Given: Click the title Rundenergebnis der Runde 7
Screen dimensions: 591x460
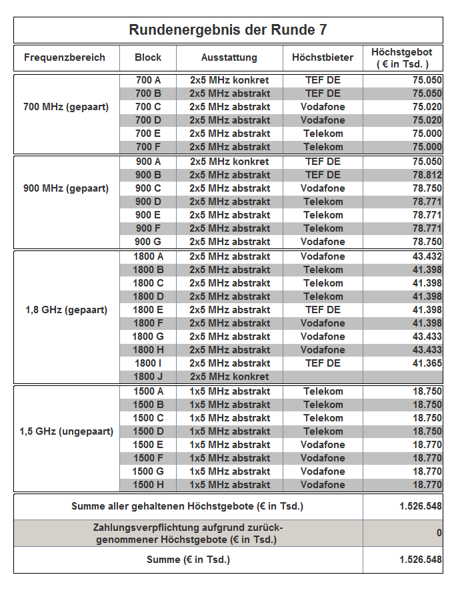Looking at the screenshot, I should point(228,30).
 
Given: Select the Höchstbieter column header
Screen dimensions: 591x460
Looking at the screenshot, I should point(323,57).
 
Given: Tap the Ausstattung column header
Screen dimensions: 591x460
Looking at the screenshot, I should point(229,57).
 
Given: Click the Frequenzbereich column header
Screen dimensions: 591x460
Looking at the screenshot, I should point(65,57).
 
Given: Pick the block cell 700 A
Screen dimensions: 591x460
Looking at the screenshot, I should point(148,80).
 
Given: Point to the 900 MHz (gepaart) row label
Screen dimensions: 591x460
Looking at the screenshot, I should point(66,188).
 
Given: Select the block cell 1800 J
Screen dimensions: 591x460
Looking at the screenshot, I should point(148,377).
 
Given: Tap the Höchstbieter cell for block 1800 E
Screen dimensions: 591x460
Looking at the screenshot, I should point(323,310).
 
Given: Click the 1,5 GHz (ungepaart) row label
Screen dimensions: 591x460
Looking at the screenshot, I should point(66,431).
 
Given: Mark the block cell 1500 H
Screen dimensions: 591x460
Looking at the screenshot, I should point(148,485).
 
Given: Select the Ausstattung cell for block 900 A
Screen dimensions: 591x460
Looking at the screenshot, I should point(229,162).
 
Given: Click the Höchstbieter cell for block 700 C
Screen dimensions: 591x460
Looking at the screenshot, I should point(323,107).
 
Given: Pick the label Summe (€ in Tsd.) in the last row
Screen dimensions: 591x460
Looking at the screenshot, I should point(188,560).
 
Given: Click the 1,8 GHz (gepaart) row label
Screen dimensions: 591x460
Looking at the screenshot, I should point(66,310).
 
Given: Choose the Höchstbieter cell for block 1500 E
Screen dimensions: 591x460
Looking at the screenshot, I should point(323,445).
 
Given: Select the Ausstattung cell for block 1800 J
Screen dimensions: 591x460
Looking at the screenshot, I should point(229,377).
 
